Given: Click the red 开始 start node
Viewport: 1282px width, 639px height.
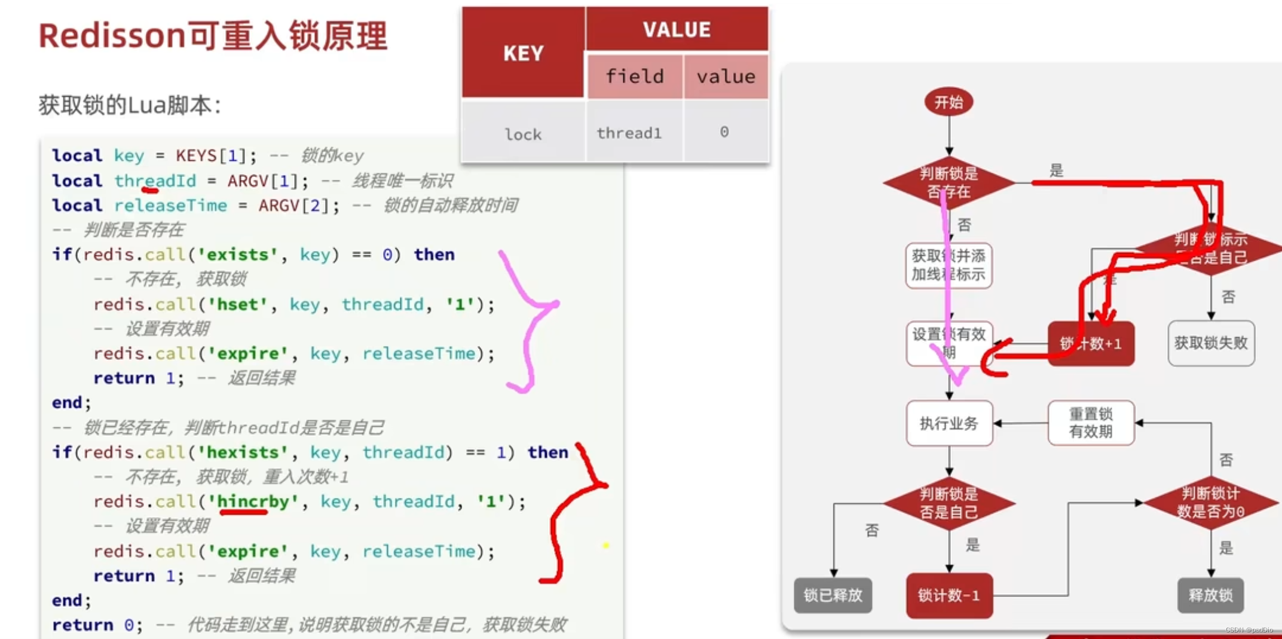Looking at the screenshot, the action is click(x=949, y=102).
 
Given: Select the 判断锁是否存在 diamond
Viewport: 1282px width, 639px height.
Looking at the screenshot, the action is click(x=949, y=182).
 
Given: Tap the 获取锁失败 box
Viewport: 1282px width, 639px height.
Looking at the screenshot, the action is click(x=1211, y=343).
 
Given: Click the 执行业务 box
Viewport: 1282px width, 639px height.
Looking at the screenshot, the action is click(x=949, y=423).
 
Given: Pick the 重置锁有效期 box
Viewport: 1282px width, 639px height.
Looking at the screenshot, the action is click(x=1091, y=423).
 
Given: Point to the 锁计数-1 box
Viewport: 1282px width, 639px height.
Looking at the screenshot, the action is click(x=949, y=595).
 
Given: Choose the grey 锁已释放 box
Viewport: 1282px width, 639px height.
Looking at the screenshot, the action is click(x=833, y=595).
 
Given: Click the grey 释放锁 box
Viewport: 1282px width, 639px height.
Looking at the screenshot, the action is click(x=1210, y=595).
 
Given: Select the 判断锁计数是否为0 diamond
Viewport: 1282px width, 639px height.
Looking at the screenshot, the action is click(x=1210, y=503).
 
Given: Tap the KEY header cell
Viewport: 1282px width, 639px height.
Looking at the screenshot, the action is click(x=524, y=53).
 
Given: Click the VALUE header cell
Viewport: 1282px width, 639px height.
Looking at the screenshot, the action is click(x=677, y=29).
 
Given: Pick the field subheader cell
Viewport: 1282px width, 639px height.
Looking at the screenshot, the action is click(x=635, y=77).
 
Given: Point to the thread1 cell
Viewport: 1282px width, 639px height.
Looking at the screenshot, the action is click(x=629, y=133).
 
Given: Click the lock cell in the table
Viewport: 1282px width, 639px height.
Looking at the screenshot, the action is click(x=523, y=134).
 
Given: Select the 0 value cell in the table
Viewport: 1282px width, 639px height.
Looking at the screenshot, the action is click(x=724, y=132).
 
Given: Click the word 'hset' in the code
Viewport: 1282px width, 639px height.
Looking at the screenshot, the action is click(x=232, y=304).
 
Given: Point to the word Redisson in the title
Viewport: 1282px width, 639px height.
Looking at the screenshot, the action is click(x=112, y=36).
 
